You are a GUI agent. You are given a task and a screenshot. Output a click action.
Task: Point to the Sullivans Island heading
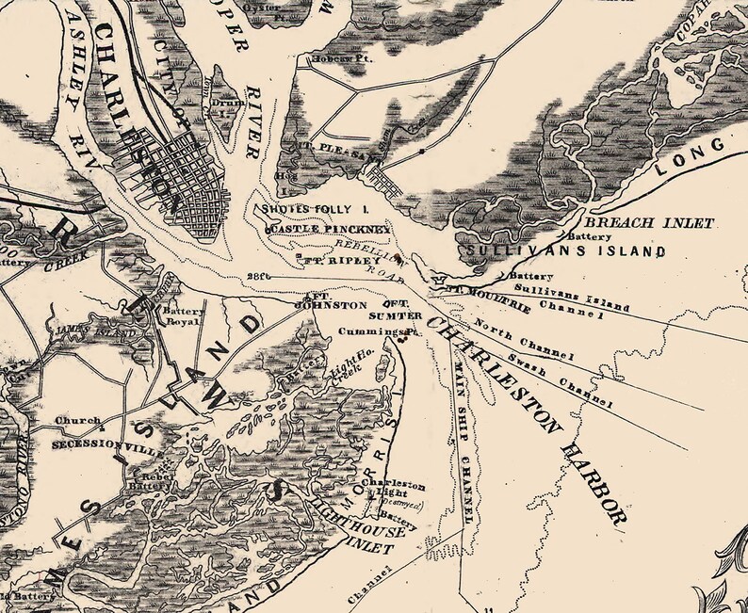(564, 251)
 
